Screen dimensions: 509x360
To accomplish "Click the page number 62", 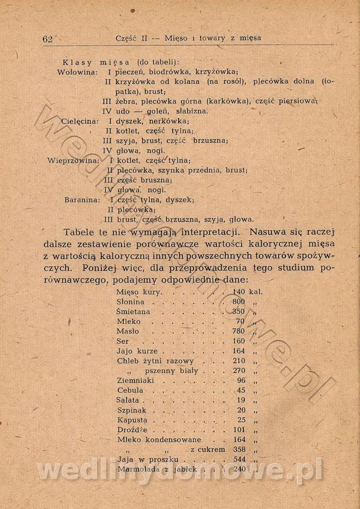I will tap(47, 39).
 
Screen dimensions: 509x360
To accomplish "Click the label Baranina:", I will tap(82, 200).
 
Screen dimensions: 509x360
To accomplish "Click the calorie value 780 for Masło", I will tap(238, 332).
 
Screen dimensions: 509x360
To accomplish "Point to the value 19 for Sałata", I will tap(241, 401).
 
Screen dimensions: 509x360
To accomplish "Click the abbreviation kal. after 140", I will tap(256, 292).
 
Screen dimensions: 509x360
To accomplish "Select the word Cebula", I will tap(130, 391).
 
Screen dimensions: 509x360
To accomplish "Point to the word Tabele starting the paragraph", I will tap(79, 233).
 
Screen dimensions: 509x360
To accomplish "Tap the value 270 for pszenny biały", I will tap(239, 371).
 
